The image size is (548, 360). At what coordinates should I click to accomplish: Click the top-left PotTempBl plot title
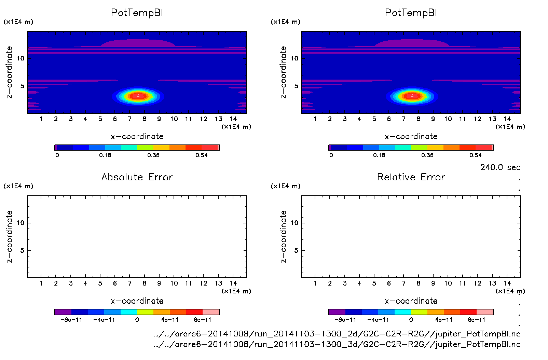coord(137,13)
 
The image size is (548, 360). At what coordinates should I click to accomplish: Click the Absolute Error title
coord(137,177)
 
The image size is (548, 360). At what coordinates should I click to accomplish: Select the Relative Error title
coord(411,177)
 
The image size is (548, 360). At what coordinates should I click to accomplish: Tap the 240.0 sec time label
coord(500,167)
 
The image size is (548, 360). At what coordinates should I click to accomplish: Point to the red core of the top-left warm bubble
coord(138,96)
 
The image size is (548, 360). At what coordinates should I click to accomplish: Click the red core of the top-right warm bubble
coord(412,96)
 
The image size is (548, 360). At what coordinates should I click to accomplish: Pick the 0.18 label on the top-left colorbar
coord(105,155)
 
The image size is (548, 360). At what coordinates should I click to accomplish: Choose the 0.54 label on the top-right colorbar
coord(475,155)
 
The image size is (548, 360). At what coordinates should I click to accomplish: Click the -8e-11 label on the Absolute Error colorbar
coord(71,320)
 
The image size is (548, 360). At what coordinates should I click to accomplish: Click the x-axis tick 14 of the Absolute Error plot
coord(233,283)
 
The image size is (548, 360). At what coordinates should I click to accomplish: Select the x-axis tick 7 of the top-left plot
coord(129,119)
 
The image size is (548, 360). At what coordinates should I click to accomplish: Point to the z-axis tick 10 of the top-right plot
coord(294,58)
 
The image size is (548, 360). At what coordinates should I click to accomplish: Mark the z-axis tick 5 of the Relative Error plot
coord(296,251)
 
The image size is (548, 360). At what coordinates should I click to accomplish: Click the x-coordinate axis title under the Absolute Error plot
coord(137,301)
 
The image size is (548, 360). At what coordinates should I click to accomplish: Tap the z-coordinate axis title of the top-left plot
coord(10,72)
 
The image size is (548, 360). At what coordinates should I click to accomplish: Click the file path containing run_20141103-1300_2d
coord(337,334)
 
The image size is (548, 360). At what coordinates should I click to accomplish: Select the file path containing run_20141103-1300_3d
coord(337,344)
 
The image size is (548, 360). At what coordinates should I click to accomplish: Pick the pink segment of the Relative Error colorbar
coord(485,312)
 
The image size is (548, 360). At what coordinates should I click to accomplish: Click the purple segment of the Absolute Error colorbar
coord(63,312)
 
